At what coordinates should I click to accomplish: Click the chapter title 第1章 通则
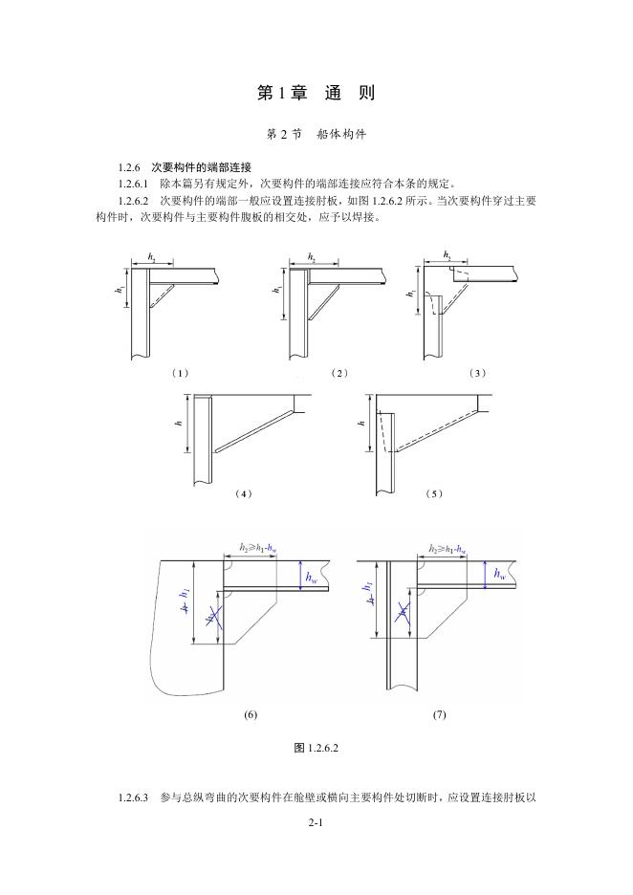[x=316, y=93]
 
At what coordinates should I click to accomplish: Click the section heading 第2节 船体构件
[x=316, y=135]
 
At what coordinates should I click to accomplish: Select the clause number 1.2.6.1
[x=134, y=184]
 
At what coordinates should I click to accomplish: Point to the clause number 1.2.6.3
[x=134, y=797]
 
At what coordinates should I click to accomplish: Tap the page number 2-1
[x=316, y=822]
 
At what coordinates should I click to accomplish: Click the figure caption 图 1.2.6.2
[x=316, y=748]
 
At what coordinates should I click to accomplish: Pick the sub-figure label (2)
[x=338, y=372]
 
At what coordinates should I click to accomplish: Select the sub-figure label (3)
[x=478, y=372]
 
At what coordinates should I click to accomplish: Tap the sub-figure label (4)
[x=243, y=493]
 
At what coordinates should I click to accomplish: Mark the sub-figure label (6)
[x=251, y=714]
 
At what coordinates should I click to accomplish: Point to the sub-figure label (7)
[x=439, y=714]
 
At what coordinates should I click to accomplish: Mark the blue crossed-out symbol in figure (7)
[x=403, y=612]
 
